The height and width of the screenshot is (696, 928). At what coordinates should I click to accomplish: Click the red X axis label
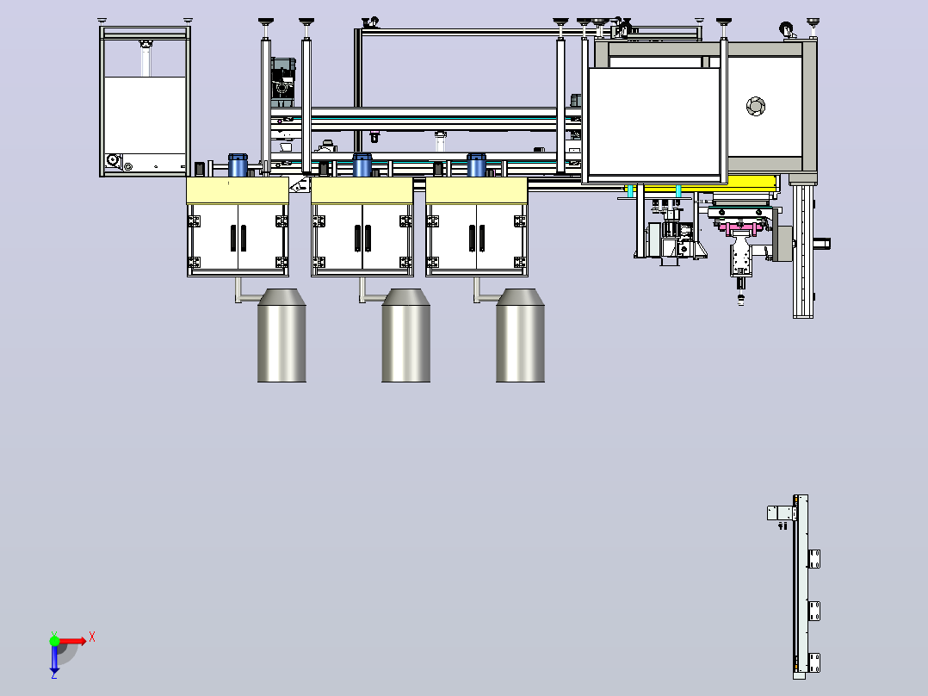[x=92, y=637]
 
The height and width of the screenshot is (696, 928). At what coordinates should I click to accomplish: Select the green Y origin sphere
[x=54, y=641]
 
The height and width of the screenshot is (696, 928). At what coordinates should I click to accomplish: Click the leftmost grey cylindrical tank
[x=281, y=335]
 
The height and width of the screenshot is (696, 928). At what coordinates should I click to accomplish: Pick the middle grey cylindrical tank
[x=406, y=335]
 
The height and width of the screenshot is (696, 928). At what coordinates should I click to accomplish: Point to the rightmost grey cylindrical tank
[x=520, y=335]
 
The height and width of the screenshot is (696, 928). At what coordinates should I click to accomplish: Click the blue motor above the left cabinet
[x=238, y=165]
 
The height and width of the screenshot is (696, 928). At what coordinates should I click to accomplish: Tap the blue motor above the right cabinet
[x=476, y=165]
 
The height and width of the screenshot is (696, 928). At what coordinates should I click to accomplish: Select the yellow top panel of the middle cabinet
[x=362, y=190]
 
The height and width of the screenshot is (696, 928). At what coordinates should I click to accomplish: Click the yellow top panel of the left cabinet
[x=238, y=190]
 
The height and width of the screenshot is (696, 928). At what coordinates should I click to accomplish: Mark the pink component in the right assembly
[x=739, y=227]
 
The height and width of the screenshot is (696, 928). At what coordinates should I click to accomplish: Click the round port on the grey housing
[x=756, y=106]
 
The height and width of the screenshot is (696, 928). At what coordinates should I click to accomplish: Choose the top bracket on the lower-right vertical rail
[x=814, y=558]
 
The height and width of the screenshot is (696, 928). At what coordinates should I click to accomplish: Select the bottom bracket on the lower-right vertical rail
[x=814, y=662]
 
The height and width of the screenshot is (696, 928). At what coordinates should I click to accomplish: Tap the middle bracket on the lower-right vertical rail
[x=814, y=611]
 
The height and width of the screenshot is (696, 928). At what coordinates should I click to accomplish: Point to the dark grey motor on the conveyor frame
[x=283, y=82]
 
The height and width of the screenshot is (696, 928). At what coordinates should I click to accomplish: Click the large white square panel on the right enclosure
[x=654, y=121]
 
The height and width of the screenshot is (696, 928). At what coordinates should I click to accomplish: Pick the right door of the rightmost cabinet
[x=501, y=238]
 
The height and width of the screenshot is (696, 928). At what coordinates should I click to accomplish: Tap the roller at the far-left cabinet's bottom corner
[x=113, y=160]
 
